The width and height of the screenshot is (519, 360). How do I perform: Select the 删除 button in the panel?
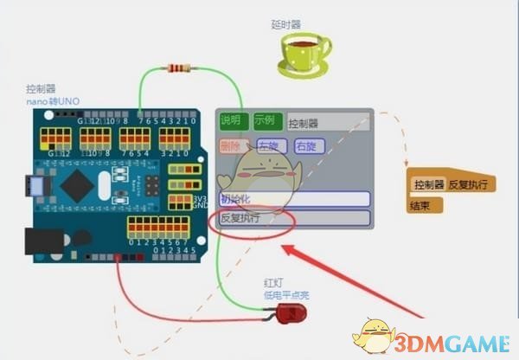(x=232, y=146)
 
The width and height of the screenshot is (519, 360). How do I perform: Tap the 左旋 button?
(x=272, y=146)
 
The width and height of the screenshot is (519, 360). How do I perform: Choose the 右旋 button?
(x=309, y=146)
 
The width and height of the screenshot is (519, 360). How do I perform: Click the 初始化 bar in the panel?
(x=294, y=199)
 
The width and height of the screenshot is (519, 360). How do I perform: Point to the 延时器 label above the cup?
(x=285, y=23)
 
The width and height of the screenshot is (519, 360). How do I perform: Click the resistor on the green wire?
(x=180, y=68)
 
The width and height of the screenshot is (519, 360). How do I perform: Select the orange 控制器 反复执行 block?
(x=451, y=184)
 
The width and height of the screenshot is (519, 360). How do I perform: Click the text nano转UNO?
(x=53, y=101)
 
